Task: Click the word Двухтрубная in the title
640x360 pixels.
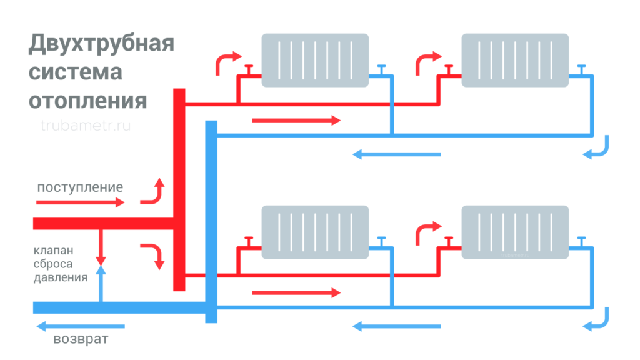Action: pos(101,45)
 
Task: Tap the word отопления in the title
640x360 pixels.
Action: pos(88,100)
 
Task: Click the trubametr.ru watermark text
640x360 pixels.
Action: pos(85,126)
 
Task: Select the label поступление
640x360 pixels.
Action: pos(80,187)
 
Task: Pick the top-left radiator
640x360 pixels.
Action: pos(314,59)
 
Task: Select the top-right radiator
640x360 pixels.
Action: pos(515,59)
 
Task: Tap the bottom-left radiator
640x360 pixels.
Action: pos(314,232)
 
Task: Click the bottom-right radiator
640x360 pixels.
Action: pos(515,232)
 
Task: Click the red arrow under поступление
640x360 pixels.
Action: pos(80,202)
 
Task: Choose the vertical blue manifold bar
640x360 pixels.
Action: pos(211,222)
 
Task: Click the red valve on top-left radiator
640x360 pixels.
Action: pos(248,69)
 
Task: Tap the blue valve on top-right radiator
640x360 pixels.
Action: pos(582,69)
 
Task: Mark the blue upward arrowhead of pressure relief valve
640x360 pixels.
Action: pos(101,269)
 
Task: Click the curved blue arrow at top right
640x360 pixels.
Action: pos(598,148)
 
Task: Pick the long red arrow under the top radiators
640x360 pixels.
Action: pos(296,120)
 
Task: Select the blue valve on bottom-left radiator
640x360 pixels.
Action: pos(381,241)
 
